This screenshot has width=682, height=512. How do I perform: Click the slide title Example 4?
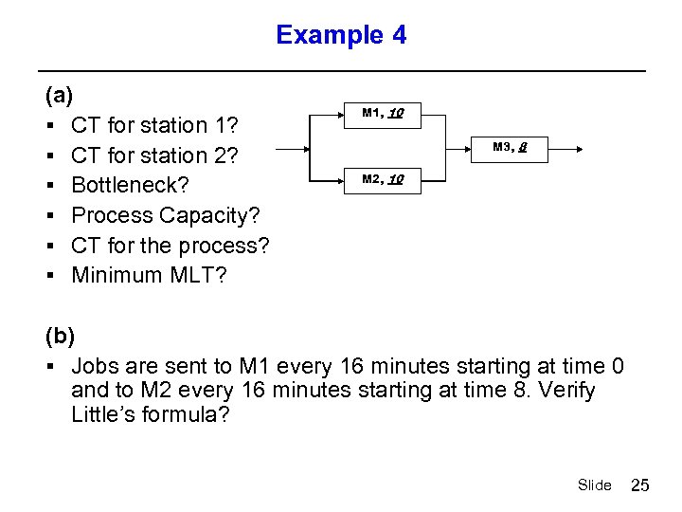click(x=341, y=35)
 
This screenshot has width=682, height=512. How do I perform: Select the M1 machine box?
click(x=384, y=114)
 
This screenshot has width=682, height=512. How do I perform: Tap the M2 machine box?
click(x=384, y=179)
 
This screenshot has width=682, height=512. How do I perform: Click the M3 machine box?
click(x=511, y=147)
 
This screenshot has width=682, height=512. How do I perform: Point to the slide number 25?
click(x=640, y=485)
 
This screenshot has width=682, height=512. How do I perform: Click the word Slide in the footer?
click(x=594, y=485)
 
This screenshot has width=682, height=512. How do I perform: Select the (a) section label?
click(x=59, y=95)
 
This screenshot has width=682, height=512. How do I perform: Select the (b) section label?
click(x=59, y=335)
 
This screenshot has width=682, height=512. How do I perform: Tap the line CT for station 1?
click(x=154, y=125)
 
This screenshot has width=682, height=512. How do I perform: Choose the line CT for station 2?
click(x=154, y=155)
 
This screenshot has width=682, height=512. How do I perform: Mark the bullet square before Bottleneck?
click(x=48, y=186)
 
